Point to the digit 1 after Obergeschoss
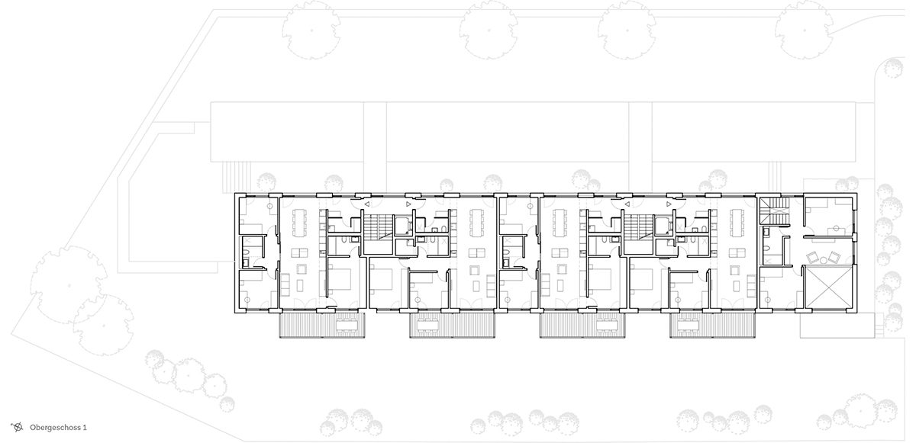[85, 428]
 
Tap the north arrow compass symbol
[18, 427]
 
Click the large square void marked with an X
[830, 287]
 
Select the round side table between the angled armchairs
[824, 260]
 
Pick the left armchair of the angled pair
[812, 257]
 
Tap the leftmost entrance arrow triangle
[367, 204]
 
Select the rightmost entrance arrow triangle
[669, 204]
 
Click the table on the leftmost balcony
[349, 326]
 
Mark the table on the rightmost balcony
[690, 326]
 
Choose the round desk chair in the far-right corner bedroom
[837, 228]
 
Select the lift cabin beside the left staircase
[402, 226]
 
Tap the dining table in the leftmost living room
[300, 223]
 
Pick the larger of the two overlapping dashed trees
[69, 285]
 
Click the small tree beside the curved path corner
[892, 68]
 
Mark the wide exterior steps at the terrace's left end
[237, 177]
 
